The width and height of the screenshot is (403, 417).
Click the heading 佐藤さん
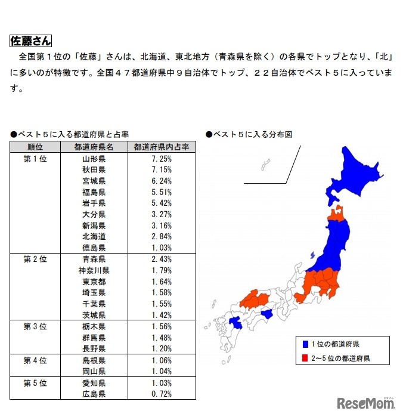30,41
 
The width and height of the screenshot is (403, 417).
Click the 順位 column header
35,147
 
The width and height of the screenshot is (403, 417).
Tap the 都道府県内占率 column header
161,147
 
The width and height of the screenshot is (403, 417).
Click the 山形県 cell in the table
94,159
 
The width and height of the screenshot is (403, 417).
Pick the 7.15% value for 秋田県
162,170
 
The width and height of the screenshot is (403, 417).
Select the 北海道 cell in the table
94,236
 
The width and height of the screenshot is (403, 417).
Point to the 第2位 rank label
35,259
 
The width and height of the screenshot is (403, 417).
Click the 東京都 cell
94,281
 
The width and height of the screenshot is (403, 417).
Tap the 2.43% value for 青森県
162,259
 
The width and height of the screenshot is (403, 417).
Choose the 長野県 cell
94,348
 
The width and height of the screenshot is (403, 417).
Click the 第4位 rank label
35,360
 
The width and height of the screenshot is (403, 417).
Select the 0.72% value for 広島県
162,394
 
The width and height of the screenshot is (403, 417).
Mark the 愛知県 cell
94,382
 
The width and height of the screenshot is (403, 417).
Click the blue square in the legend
305,344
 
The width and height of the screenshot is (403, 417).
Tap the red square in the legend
305,359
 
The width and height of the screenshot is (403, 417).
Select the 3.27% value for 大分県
162,214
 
